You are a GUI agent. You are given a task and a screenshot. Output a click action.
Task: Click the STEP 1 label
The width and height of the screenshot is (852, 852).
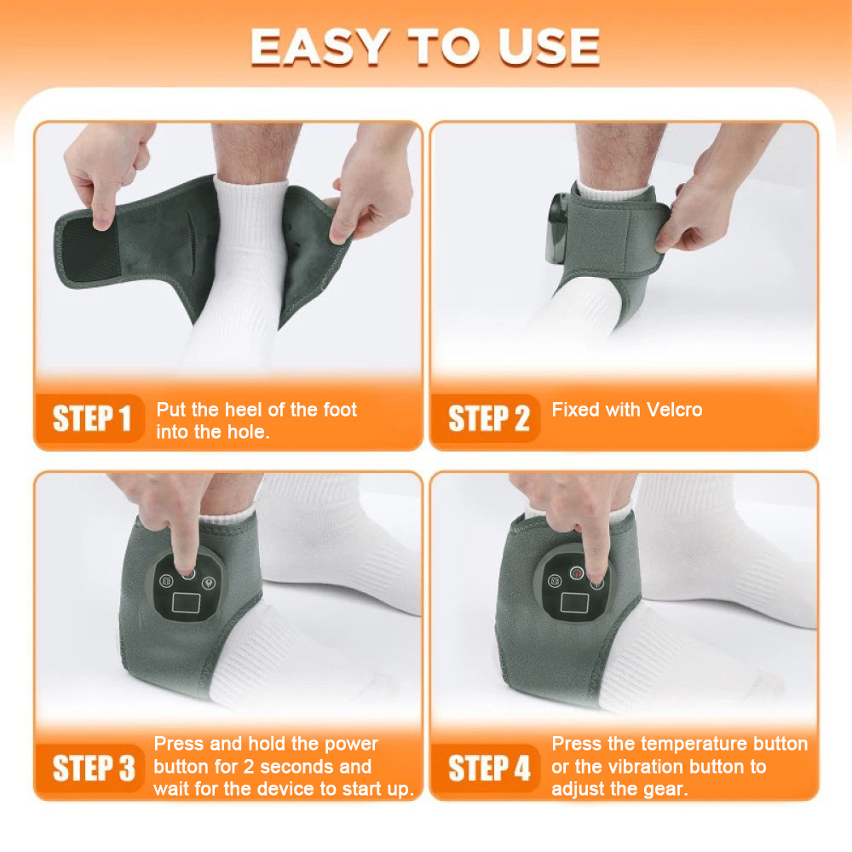coord(92,419)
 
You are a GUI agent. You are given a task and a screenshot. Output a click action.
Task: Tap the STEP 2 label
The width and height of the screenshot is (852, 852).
coord(488,419)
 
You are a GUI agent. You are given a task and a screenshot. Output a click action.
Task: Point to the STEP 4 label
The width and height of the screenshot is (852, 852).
coord(489,769)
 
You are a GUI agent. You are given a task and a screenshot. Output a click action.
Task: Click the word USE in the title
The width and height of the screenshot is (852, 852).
coord(549,48)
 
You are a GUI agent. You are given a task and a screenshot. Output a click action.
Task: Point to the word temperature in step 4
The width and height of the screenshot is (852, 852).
coord(694,744)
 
